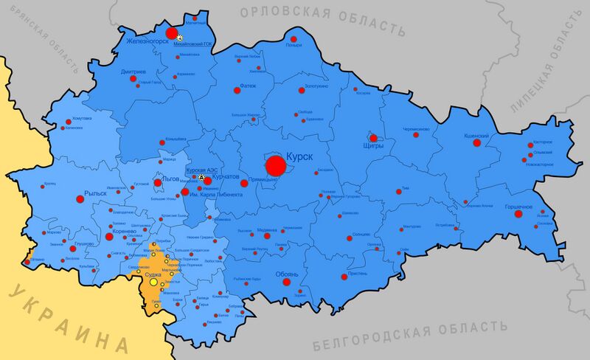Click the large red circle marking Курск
tap(276, 166)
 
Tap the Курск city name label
tap(299, 157)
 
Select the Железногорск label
tap(147, 41)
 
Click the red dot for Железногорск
tap(172, 33)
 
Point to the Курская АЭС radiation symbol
tap(202, 178)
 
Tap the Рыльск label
tap(97, 193)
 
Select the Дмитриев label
tap(133, 72)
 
